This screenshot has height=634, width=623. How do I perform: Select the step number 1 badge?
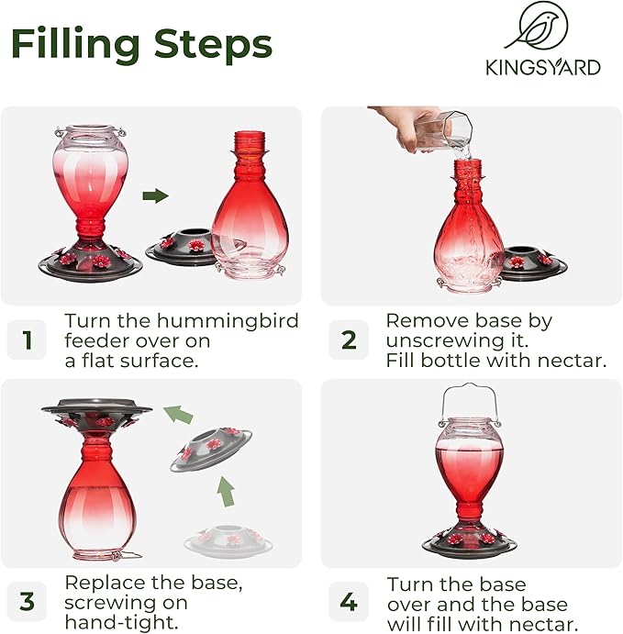coord(27,340)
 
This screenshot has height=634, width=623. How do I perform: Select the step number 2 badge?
coord(349,340)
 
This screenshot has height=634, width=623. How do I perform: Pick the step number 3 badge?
coord(27,602)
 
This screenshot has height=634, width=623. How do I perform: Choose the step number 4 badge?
coord(349,602)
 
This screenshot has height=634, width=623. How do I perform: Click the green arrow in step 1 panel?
coord(157,195)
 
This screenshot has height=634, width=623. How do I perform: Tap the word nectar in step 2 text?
coord(573,361)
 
